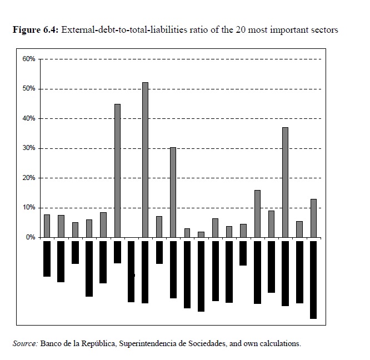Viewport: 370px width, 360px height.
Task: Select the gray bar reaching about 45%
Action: click(x=117, y=171)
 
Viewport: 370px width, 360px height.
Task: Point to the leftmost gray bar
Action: click(x=47, y=226)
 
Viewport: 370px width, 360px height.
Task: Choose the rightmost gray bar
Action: click(x=313, y=218)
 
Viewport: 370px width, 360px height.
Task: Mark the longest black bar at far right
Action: click(x=313, y=279)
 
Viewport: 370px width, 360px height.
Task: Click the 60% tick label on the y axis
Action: click(x=29, y=59)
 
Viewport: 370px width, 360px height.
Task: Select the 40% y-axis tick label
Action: click(x=29, y=118)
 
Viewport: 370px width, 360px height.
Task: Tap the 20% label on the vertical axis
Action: click(x=29, y=178)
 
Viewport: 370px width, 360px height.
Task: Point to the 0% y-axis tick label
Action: click(x=31, y=237)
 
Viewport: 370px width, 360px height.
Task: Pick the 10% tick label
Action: click(x=29, y=208)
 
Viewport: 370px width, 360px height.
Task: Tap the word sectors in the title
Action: click(x=323, y=29)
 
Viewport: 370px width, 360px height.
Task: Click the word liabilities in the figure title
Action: click(x=169, y=29)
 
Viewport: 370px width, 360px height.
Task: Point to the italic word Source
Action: click(x=25, y=343)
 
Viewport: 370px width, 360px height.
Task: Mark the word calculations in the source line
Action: click(x=279, y=343)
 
